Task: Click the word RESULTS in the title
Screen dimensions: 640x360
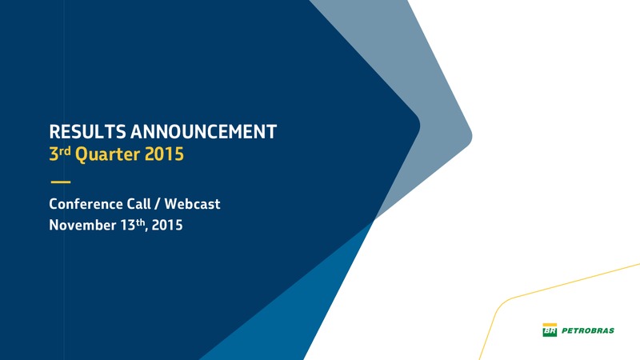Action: [x=87, y=132]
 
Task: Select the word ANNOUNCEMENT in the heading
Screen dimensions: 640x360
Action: [x=204, y=132]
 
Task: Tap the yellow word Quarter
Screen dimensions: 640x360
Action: [x=108, y=154]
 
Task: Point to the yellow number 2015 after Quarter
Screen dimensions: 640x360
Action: [x=164, y=154]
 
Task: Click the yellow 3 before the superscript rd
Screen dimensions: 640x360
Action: [x=54, y=154]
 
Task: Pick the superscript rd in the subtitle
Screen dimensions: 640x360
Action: [x=65, y=150]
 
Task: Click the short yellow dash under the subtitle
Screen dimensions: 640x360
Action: [x=61, y=182]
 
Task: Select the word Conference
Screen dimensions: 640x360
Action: [x=86, y=204]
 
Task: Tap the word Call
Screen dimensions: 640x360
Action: [x=138, y=204]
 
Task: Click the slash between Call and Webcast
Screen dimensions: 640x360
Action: [x=158, y=204]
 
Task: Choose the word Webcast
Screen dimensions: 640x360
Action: [x=192, y=204]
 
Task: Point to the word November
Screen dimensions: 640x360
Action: [x=82, y=225]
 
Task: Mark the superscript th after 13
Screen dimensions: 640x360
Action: [x=140, y=222]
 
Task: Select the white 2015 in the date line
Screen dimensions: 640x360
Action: [x=167, y=225]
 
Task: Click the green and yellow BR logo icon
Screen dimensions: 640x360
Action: [x=550, y=330]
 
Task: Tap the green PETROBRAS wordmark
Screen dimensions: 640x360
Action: [x=588, y=330]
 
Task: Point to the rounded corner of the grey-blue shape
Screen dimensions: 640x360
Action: [x=470, y=136]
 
